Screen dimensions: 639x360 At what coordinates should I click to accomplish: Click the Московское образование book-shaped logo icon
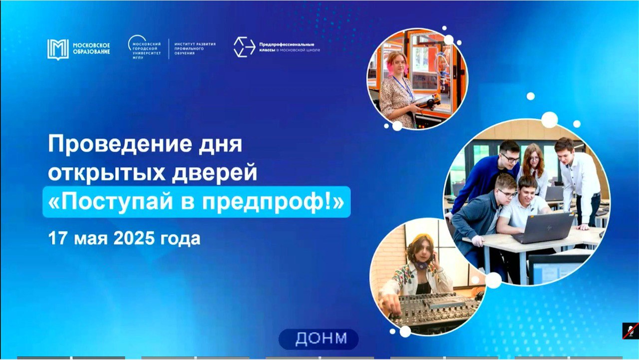(x=58, y=49)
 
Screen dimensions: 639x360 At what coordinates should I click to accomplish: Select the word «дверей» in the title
(x=214, y=173)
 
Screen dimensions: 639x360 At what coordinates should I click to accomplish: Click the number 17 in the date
(x=58, y=238)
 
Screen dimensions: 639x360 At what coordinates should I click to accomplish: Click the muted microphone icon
(x=631, y=331)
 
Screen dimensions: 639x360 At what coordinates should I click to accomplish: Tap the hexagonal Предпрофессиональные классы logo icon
(x=244, y=47)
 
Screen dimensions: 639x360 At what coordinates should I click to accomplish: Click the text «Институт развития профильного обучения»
(x=195, y=49)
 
